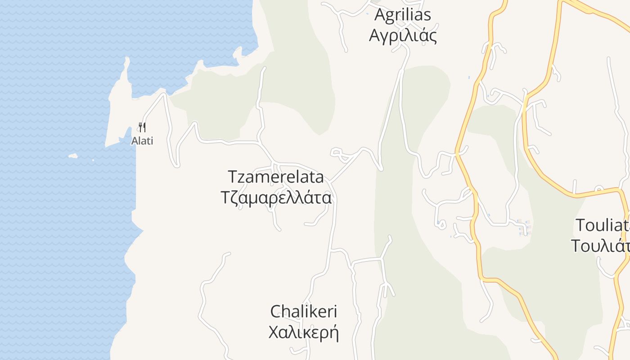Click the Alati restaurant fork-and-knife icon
[x=142, y=127]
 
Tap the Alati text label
[x=142, y=141]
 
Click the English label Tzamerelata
[x=275, y=176]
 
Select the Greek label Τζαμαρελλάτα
[x=276, y=198]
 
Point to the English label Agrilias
[x=403, y=14]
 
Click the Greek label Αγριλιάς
[x=403, y=36]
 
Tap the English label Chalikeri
[x=304, y=311]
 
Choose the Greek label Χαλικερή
[x=303, y=333]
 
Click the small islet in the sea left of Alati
[x=73, y=156]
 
